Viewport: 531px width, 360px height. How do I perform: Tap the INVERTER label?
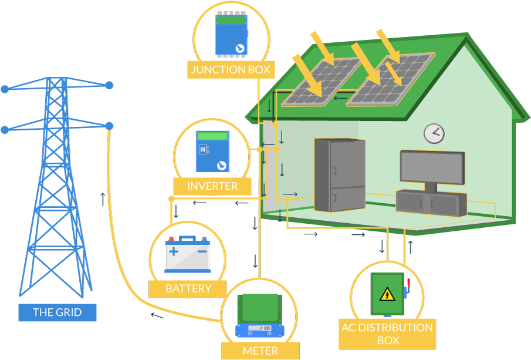coord(212,187)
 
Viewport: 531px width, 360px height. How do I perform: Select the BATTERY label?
coord(188,288)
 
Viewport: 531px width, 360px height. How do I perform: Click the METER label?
coord(260,351)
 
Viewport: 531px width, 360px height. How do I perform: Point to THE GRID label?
coord(57,312)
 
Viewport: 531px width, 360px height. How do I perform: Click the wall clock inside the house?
coord(434,133)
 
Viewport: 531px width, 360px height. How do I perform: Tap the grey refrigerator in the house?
coord(339,174)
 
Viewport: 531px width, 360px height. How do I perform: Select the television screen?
coord(431,167)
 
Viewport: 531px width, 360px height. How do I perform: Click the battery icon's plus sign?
coord(174,251)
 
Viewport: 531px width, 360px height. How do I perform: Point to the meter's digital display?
coord(259,328)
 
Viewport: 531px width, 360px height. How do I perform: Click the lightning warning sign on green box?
coord(386,294)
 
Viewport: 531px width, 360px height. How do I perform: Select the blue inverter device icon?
coord(212,151)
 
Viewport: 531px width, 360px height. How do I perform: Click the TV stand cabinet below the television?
coord(431,203)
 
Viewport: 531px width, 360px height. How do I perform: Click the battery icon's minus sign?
coord(201,251)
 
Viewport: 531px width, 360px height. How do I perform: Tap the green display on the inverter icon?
coord(212,136)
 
